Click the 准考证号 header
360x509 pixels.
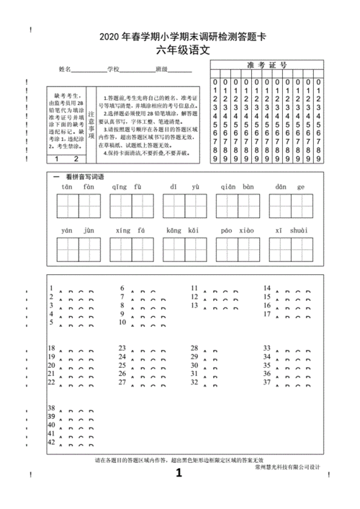coord(267,65)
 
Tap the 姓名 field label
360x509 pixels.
coord(65,70)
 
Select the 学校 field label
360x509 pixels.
coord(112,70)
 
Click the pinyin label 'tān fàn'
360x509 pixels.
coord(78,186)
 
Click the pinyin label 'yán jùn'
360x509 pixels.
coord(78,230)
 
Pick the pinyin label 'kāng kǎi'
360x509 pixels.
coord(183,230)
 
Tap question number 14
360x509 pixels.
coord(266,288)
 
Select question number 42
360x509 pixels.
coord(51,441)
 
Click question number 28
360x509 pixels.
coord(194,348)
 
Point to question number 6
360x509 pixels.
coord(122,288)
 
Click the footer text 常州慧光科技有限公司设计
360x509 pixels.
coord(287,467)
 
